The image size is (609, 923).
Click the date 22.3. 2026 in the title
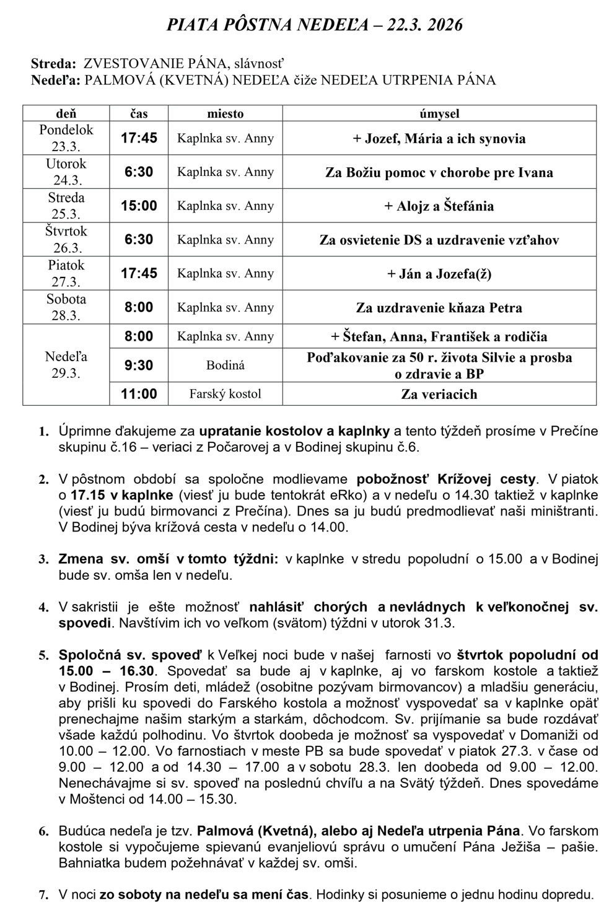425,25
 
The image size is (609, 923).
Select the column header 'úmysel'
439,113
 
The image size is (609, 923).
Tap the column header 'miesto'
225,113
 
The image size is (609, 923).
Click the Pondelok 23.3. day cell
66,138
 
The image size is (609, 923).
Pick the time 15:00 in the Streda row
139,206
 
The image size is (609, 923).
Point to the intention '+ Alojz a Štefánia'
439,206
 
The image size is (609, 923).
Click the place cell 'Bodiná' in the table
225,365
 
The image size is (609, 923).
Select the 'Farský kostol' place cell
225,393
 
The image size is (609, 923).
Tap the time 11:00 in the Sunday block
139,393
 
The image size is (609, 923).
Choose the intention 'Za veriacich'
439,394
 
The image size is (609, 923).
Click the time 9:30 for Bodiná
139,365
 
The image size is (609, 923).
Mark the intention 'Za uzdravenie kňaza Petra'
439,307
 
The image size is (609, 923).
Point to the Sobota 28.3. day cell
66,307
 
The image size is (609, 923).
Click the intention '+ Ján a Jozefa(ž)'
439,273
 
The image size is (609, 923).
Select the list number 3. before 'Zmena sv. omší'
43,559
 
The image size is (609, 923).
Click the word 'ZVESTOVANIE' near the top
128,63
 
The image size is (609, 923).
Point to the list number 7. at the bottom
43,895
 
